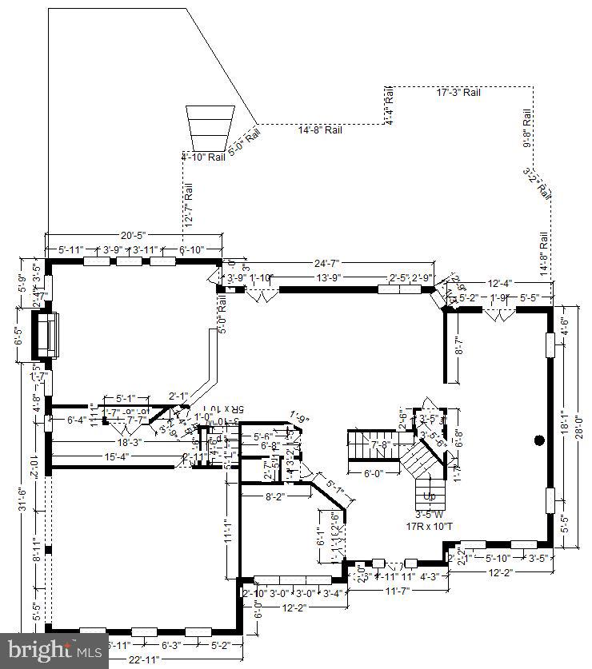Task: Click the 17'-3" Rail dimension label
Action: coord(458,93)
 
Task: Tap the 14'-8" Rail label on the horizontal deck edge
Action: coord(320,130)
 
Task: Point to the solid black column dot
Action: coord(539,439)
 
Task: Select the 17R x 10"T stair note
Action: coord(430,526)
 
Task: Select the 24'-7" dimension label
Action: coord(326,263)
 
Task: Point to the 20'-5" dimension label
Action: coord(133,236)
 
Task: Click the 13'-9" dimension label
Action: coord(330,278)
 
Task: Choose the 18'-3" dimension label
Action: coord(129,442)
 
